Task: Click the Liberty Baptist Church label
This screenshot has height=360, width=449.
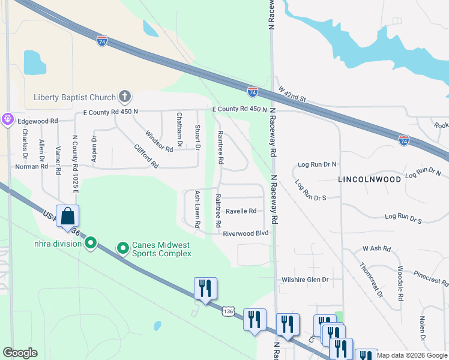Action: (76, 97)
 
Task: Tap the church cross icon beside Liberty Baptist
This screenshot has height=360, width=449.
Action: (125, 96)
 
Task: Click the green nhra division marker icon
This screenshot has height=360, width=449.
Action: (91, 243)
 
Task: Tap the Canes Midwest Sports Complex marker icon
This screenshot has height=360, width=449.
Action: (123, 247)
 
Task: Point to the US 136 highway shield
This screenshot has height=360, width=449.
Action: (227, 311)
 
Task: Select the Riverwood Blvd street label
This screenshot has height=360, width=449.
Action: (245, 233)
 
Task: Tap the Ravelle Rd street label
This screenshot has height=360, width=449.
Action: (241, 211)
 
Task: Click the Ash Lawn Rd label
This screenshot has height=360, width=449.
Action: (197, 209)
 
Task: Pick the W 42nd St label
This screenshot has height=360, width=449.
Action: (292, 93)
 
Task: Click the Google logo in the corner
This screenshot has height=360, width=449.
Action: (20, 353)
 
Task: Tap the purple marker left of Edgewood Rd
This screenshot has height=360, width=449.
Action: (7, 119)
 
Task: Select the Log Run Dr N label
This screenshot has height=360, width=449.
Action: (318, 164)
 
